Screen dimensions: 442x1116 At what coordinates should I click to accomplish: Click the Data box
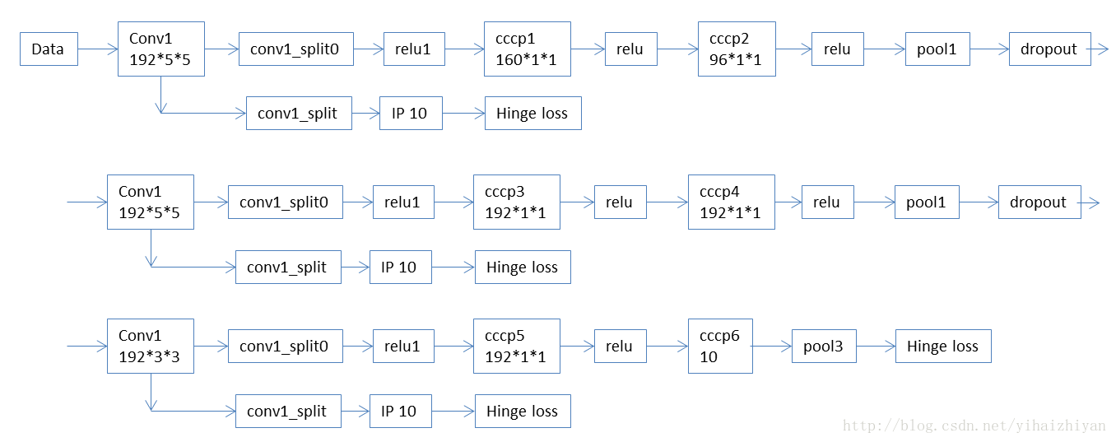[x=49, y=49]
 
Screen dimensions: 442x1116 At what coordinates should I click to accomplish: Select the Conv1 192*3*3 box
[x=151, y=347]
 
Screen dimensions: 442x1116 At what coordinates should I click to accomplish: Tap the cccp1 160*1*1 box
[x=527, y=49]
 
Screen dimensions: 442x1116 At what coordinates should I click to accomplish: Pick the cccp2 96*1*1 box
[x=737, y=49]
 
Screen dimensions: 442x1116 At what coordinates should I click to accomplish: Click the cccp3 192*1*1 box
[x=517, y=202]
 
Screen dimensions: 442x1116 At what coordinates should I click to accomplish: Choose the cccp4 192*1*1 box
[x=732, y=202]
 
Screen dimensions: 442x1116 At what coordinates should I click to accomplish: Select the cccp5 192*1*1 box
[x=517, y=347]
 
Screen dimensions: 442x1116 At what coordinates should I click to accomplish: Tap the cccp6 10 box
[x=720, y=347]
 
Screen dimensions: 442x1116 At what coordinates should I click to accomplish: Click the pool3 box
[x=824, y=347]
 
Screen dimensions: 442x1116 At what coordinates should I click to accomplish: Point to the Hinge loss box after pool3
[x=943, y=347]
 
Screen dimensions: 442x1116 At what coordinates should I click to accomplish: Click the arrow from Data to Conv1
[x=97, y=49]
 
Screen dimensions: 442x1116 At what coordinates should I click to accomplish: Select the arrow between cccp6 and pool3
[x=772, y=347]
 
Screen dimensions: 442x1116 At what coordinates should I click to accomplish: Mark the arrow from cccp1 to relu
[x=588, y=49]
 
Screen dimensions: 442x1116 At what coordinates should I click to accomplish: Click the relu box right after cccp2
[x=837, y=49]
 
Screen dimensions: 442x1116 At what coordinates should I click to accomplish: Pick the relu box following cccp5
[x=620, y=347]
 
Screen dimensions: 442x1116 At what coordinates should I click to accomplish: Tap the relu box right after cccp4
[x=827, y=202]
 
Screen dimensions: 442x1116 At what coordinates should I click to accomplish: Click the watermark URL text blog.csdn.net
[x=974, y=426]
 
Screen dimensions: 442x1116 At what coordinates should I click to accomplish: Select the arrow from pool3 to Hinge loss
[x=876, y=347]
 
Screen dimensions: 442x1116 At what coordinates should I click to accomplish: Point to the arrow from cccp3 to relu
[x=577, y=202]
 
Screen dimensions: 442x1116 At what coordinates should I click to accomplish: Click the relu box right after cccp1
[x=630, y=49]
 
